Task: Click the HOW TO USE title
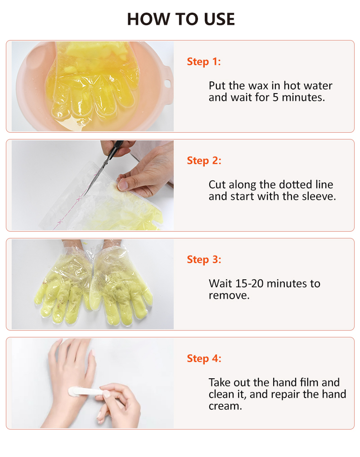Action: (x=181, y=19)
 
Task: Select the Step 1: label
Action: (x=204, y=62)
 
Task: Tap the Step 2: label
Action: (x=204, y=161)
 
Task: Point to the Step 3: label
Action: (x=204, y=260)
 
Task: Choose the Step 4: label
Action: (x=204, y=358)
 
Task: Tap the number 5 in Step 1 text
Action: (x=275, y=97)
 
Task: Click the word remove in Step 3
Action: (x=229, y=296)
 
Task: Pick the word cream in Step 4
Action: (x=225, y=406)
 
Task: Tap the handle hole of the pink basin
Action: (x=167, y=84)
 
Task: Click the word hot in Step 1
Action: (x=292, y=85)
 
